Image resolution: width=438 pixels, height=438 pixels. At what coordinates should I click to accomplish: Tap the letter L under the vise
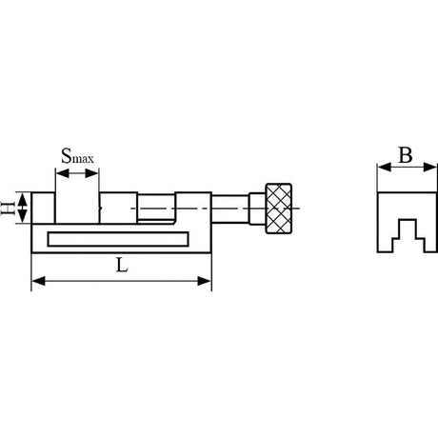coord(121,268)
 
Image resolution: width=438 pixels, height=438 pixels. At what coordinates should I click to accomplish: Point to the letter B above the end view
coord(405,156)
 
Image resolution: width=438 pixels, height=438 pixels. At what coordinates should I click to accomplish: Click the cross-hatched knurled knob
coord(282,209)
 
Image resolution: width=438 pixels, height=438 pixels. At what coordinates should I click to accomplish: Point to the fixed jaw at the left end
coord(44,208)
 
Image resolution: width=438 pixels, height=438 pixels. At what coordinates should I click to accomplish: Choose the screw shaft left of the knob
coord(229,207)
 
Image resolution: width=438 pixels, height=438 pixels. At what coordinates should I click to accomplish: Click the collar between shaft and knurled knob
coord(256,207)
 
